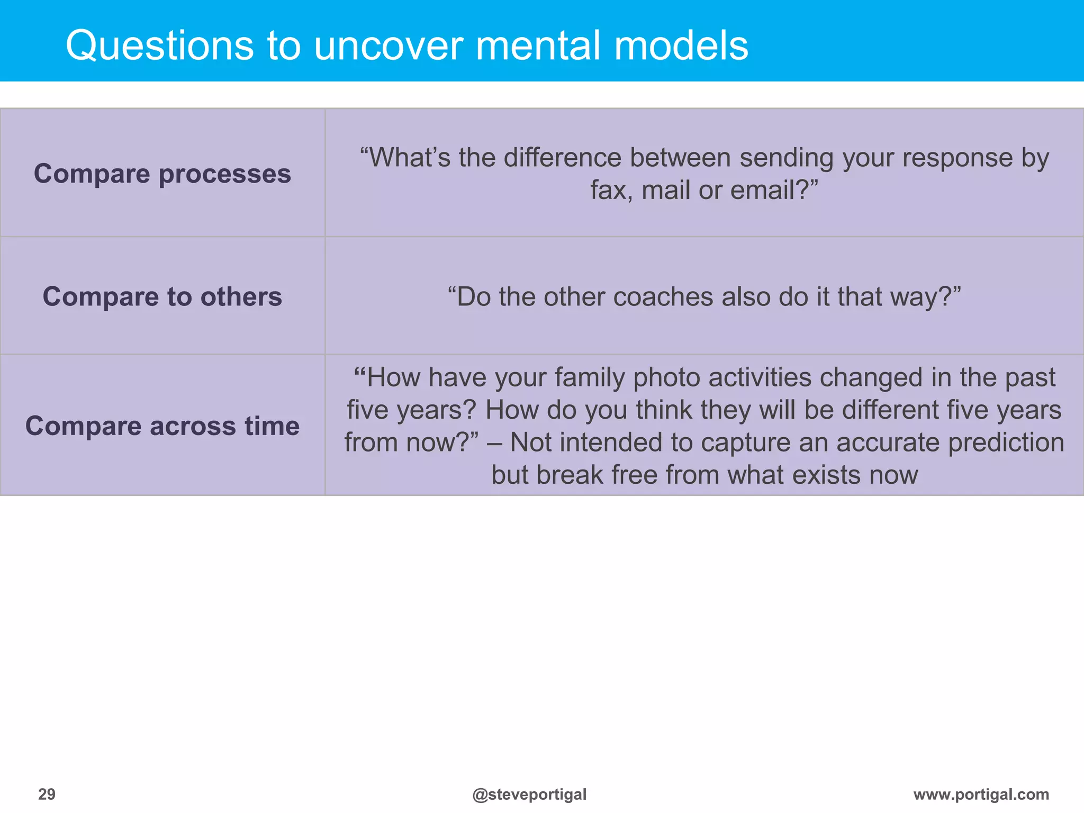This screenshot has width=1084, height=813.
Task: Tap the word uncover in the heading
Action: point(389,46)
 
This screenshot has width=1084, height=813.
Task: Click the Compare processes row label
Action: point(162,174)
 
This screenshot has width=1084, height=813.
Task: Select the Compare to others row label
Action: point(162,296)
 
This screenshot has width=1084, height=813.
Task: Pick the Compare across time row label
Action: point(162,426)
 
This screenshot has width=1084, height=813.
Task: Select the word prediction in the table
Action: point(1006,442)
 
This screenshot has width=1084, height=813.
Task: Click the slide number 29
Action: point(47,794)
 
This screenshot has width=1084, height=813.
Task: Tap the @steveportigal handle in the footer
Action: point(529,794)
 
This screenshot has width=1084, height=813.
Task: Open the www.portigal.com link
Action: point(981,794)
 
